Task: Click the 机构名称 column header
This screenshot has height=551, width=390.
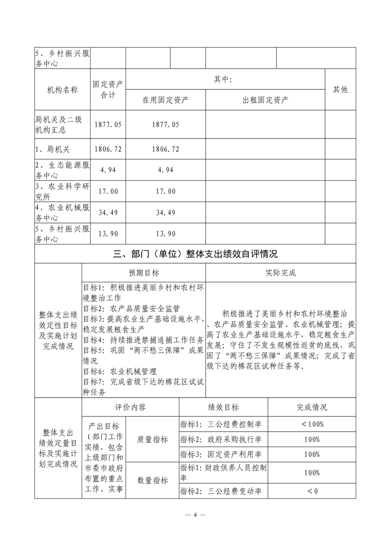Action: [x=62, y=89]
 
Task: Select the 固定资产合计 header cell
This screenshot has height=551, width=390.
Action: [x=108, y=89]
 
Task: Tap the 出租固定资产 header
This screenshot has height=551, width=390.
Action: [x=266, y=100]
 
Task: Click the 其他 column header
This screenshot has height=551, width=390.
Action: [x=340, y=89]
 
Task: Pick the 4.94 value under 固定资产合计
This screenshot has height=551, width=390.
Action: [x=108, y=170]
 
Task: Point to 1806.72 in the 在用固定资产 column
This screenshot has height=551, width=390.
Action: [x=166, y=149]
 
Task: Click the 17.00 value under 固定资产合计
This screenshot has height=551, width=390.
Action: [x=108, y=191]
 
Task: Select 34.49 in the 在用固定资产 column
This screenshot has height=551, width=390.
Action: [x=166, y=212]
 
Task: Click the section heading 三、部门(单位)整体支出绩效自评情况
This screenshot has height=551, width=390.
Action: [x=195, y=254]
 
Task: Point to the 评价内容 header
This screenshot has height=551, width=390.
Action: [x=130, y=407]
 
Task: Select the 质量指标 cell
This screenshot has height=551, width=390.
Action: [x=152, y=439]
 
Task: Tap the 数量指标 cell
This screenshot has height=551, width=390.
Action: [x=152, y=480]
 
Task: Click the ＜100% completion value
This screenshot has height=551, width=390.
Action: [x=312, y=424]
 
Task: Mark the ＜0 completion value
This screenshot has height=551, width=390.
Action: [x=312, y=491]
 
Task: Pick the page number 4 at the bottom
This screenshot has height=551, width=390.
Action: [x=195, y=515]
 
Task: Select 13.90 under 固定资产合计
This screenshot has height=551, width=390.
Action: [x=108, y=233]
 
